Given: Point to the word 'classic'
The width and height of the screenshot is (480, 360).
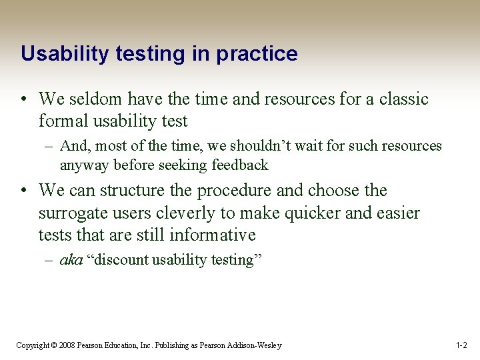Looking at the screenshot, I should click(404, 99).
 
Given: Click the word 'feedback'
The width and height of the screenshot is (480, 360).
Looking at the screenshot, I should click(239, 165).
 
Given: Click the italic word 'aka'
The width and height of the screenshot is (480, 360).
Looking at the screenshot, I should click(71, 260).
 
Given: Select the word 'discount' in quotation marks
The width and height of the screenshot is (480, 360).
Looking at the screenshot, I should click(120, 260).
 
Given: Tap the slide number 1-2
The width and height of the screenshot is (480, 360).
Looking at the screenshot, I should click(461, 345).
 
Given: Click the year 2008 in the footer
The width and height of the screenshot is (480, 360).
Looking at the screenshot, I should click(66, 345).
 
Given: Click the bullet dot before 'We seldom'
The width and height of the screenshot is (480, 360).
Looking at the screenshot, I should click(23, 100).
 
